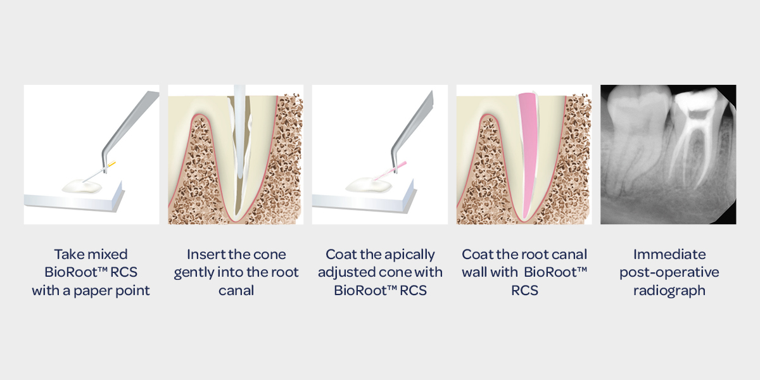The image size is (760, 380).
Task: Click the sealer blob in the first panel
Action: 82,186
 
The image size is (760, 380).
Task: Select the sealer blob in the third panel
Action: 368,186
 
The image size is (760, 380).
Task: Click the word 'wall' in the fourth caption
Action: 474,272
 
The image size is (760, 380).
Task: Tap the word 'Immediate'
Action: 669,255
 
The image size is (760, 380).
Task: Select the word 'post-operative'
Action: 669,273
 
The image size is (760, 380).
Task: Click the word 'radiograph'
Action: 669,291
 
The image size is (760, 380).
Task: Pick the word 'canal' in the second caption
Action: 236,291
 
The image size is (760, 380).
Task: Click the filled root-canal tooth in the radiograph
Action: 695,136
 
